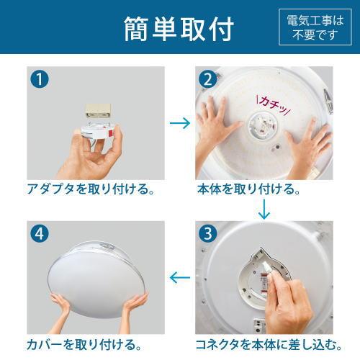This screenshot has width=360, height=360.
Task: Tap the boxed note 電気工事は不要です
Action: pyautogui.click(x=314, y=27)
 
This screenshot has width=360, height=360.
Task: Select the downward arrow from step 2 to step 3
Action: pyautogui.click(x=264, y=210)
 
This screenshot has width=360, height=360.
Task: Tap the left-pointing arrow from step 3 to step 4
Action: pyautogui.click(x=180, y=276)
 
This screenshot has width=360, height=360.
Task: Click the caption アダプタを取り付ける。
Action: pyautogui.click(x=91, y=190)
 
